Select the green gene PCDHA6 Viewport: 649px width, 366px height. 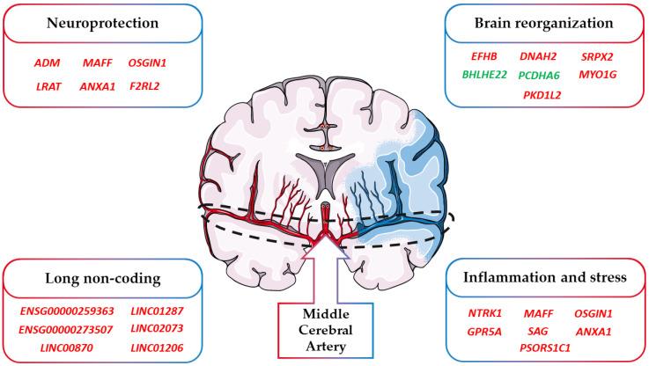coord(538,76)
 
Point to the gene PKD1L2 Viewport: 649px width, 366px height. coord(541,94)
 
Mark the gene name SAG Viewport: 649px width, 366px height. coord(539,331)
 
